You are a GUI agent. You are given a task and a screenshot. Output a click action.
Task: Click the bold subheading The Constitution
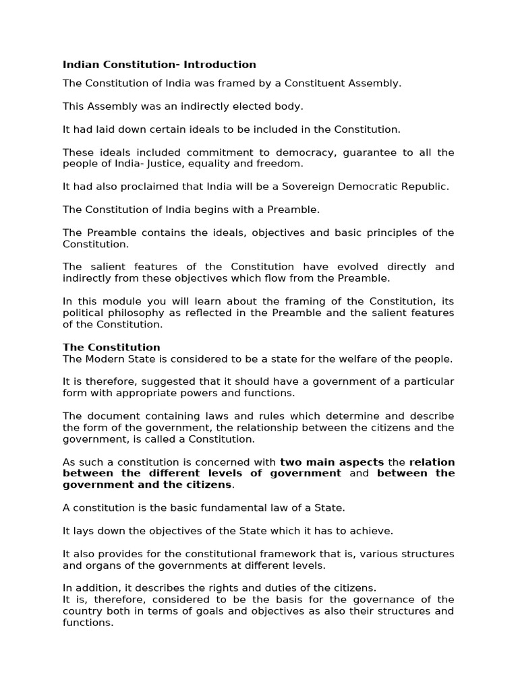coord(111,348)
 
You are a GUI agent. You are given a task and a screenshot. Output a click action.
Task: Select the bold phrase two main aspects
coord(332,462)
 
